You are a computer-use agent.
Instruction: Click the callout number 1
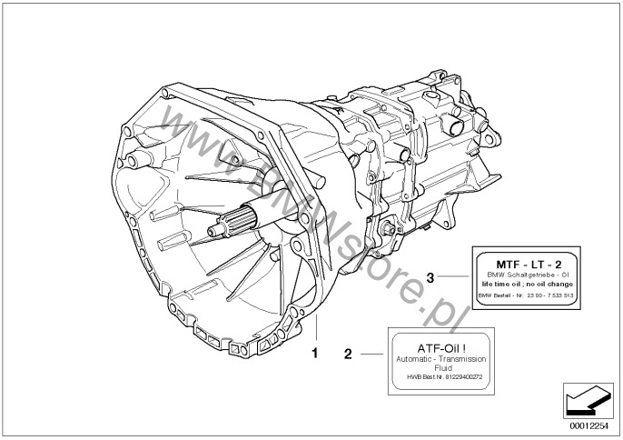pos(315,349)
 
